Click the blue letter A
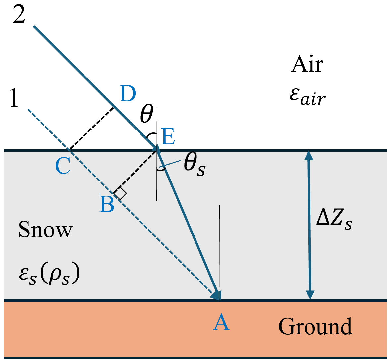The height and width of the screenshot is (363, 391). pyautogui.click(x=221, y=322)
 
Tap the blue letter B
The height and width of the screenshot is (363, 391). pyautogui.click(x=107, y=204)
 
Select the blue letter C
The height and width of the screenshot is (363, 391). pyautogui.click(x=63, y=166)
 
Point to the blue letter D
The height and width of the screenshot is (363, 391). pyautogui.click(x=128, y=94)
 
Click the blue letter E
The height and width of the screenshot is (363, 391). pyautogui.click(x=168, y=137)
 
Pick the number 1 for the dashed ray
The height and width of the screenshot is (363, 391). pyautogui.click(x=14, y=98)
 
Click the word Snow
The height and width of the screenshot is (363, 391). pyautogui.click(x=45, y=230)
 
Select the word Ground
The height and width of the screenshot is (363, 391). pyautogui.click(x=315, y=326)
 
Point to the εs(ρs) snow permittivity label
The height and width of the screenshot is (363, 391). pyautogui.click(x=49, y=275)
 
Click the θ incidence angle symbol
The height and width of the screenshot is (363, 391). pyautogui.click(x=146, y=114)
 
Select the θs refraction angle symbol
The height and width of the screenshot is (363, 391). pyautogui.click(x=195, y=165)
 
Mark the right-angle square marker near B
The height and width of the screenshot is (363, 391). pyautogui.click(x=120, y=193)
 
